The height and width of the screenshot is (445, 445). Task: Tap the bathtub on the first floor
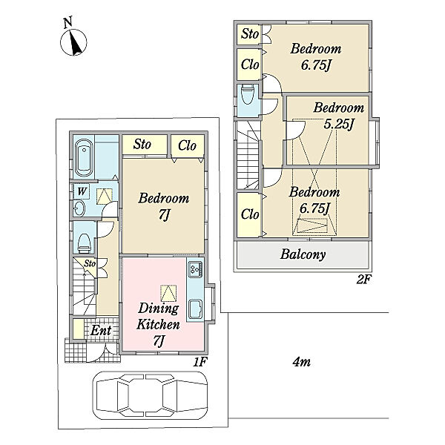pyautogui.click(x=85, y=158)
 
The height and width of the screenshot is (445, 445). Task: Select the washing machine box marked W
pyautogui.click(x=82, y=191)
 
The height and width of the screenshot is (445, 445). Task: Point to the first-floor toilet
pyautogui.click(x=85, y=243)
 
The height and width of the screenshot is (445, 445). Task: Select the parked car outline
pyautogui.click(x=150, y=395)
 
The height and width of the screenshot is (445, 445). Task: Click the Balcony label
pyautogui.click(x=303, y=254)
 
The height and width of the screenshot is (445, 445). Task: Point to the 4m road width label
pyautogui.click(x=301, y=362)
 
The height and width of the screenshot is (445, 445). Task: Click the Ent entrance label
pyautogui.click(x=101, y=330)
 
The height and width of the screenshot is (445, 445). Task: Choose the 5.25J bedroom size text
pyautogui.click(x=339, y=124)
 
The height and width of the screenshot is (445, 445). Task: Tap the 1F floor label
pyautogui.click(x=200, y=362)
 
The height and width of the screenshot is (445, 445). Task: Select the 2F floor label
pyautogui.click(x=363, y=280)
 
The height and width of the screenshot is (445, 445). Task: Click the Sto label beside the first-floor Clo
pyautogui.click(x=142, y=144)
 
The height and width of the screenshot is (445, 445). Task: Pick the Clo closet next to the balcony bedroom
pyautogui.click(x=250, y=214)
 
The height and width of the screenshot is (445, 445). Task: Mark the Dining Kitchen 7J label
pyautogui.click(x=158, y=325)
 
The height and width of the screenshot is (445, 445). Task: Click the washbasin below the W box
pyautogui.click(x=79, y=209)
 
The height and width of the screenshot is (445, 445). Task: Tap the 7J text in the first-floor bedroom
pyautogui.click(x=164, y=215)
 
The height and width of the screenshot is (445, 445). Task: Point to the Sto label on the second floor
pyautogui.click(x=250, y=34)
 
